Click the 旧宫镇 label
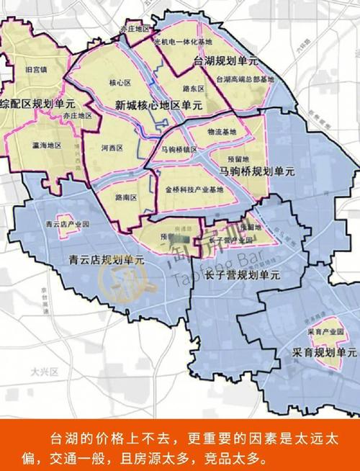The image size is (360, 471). pyautogui.click(x=35, y=69)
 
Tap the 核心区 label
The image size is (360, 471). pyautogui.click(x=118, y=82)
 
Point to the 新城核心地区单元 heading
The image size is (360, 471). pyautogui.click(x=158, y=105)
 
